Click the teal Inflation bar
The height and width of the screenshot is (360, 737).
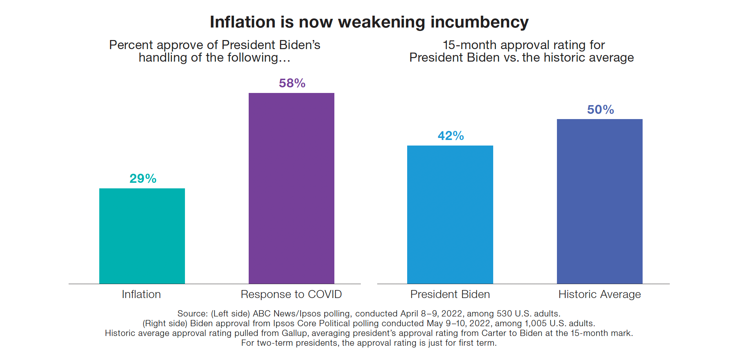pos(142,236)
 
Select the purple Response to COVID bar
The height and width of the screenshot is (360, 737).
pos(291,188)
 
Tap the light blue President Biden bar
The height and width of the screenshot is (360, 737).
pos(450,214)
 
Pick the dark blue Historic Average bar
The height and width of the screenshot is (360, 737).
pos(599,201)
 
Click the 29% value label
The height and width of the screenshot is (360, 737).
pos(143,179)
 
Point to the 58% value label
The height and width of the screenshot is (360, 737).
pos(292,83)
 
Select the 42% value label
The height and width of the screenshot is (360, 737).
pos(451,136)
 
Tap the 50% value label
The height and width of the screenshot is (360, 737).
pos(600,110)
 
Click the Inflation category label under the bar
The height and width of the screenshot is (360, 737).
pos(141,295)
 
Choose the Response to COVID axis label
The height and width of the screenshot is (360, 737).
pos(291,295)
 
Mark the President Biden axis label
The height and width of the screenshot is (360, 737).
pos(450,295)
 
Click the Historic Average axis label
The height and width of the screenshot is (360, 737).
pos(599,295)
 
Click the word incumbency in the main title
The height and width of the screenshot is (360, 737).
pos(480,22)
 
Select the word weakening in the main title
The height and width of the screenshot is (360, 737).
pos(382,22)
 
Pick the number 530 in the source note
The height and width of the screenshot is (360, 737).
pos(504,314)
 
